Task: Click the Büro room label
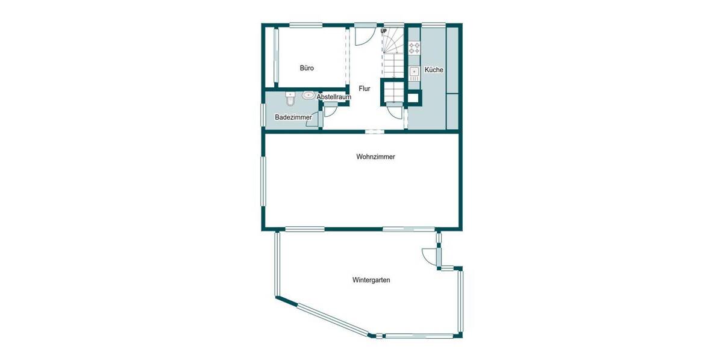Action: [307, 69]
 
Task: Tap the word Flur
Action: [364, 89]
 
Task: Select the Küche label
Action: [434, 70]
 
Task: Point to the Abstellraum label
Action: [334, 97]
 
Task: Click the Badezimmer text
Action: [293, 117]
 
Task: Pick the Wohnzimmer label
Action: [375, 157]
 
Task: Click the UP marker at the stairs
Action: [383, 31]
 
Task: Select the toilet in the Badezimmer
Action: [290, 96]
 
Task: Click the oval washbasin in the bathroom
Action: [308, 95]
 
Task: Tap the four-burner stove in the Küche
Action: [414, 48]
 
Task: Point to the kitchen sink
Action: [414, 73]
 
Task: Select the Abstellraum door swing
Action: [331, 110]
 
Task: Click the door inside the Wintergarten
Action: [430, 256]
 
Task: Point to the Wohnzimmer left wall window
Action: [263, 180]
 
